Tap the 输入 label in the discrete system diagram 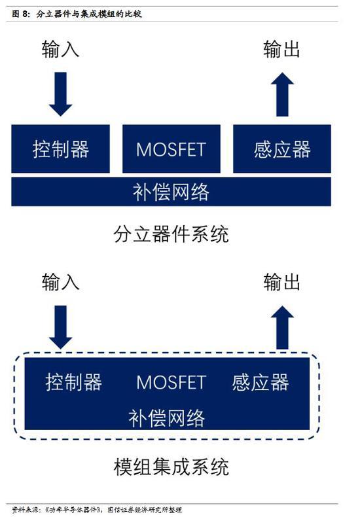pyautogui.click(x=60, y=50)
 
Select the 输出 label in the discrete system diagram pyautogui.click(x=282, y=50)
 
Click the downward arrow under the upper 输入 pyautogui.click(x=60, y=94)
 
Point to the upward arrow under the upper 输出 pyautogui.click(x=282, y=94)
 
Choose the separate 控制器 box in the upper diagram pyautogui.click(x=61, y=149)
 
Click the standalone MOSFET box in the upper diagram pyautogui.click(x=171, y=149)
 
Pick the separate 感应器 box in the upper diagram pyautogui.click(x=282, y=149)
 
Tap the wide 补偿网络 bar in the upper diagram pyautogui.click(x=171, y=192)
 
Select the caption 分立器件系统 pyautogui.click(x=171, y=234)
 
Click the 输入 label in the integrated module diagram pyautogui.click(x=60, y=282)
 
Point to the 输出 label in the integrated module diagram pyautogui.click(x=282, y=282)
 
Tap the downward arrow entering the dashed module pyautogui.click(x=60, y=327)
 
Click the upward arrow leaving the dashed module pyautogui.click(x=282, y=327)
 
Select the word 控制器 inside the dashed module pyautogui.click(x=73, y=382)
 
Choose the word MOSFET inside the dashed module pyautogui.click(x=171, y=382)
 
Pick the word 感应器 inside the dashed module pyautogui.click(x=261, y=382)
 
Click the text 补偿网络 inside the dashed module pyautogui.click(x=166, y=418)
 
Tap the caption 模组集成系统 pyautogui.click(x=171, y=467)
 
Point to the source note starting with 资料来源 pyautogui.click(x=97, y=510)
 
